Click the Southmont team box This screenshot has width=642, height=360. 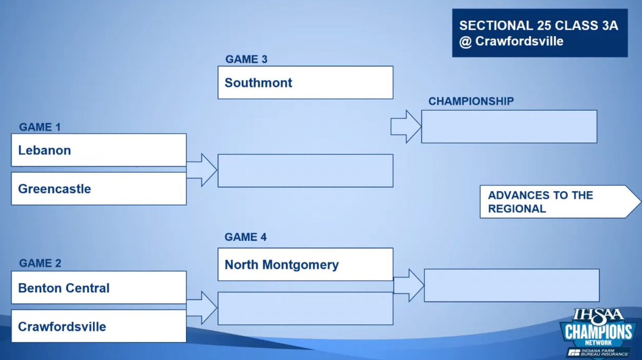tap(305, 82)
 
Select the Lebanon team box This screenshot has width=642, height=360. tap(98, 150)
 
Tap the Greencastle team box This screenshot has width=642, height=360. tap(98, 189)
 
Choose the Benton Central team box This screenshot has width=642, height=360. tap(98, 288)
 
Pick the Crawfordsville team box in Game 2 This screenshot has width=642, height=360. tap(98, 326)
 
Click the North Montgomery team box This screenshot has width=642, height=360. tap(305, 264)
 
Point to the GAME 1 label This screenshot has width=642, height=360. tap(40, 127)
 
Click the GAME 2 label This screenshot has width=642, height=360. tap(40, 263)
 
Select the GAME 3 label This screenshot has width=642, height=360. tap(246, 59)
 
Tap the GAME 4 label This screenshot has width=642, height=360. tap(246, 237)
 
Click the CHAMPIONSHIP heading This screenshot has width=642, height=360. tap(471, 101)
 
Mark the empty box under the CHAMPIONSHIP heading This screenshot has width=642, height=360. tap(509, 127)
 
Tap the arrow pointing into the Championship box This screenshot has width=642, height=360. tap(406, 127)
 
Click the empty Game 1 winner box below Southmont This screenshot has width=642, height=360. tap(305, 171)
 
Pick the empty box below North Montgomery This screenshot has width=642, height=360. tap(305, 308)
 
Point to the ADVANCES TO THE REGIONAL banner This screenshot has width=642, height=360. tap(556, 202)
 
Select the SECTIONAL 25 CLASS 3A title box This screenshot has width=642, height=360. tap(539, 33)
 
